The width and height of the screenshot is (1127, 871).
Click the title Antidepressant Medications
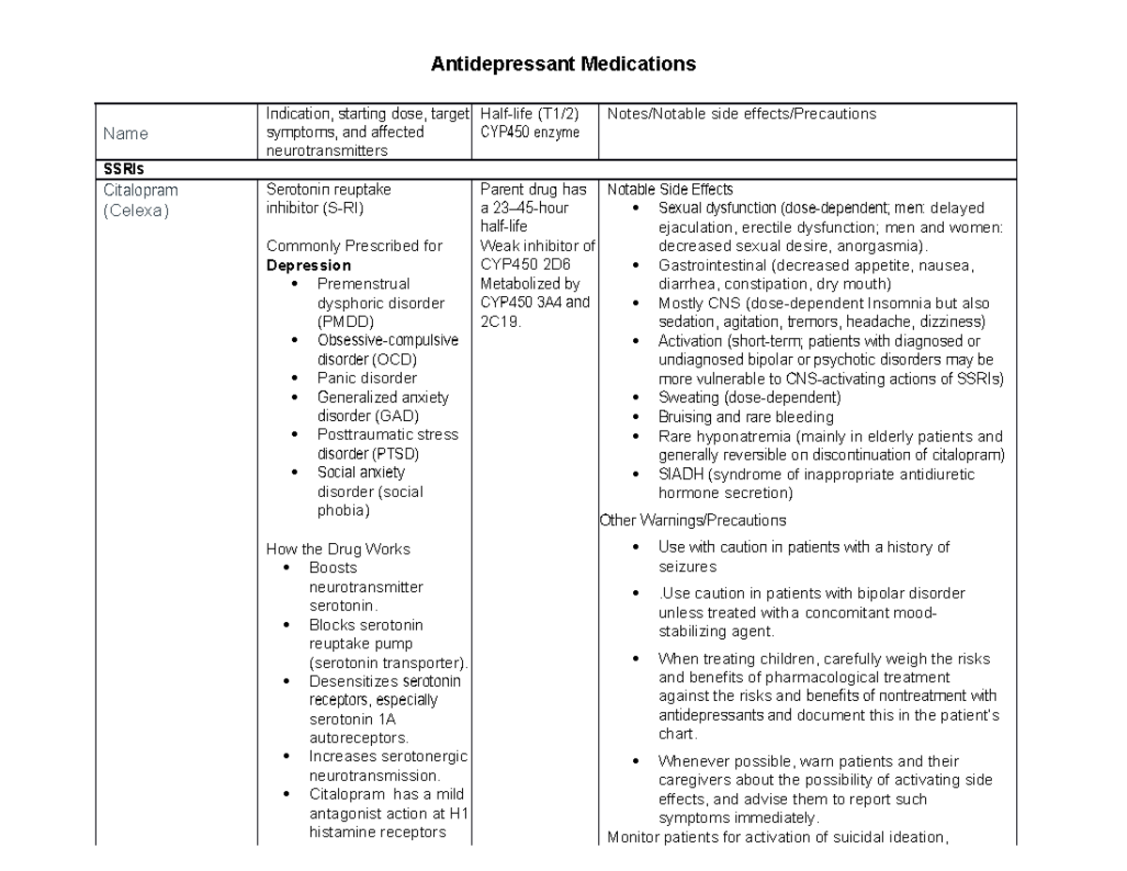[x=563, y=65]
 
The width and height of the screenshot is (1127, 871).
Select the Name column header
[x=126, y=133]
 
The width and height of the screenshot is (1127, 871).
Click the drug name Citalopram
[x=141, y=190]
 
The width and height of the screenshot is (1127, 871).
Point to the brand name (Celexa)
[x=136, y=210]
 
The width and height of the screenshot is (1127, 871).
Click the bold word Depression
[x=309, y=265]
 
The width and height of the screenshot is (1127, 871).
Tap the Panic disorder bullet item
[x=366, y=379]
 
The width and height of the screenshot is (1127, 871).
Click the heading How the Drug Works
[x=338, y=549]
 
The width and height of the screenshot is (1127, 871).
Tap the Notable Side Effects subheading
[x=671, y=190]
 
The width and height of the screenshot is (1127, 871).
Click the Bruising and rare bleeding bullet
[x=746, y=417]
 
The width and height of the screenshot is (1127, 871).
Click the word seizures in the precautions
[x=687, y=567]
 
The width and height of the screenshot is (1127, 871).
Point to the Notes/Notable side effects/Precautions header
[x=742, y=115]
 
